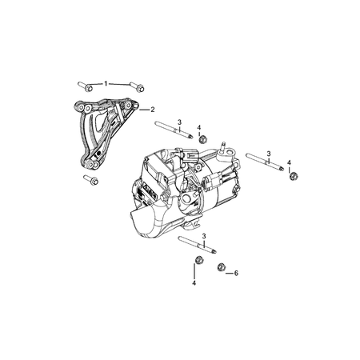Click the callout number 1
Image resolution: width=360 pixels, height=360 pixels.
click(x=106, y=83)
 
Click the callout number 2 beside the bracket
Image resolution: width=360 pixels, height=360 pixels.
click(x=152, y=109)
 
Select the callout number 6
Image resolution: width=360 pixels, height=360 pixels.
click(x=236, y=273)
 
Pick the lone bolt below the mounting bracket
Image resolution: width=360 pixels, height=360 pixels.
click(x=90, y=180)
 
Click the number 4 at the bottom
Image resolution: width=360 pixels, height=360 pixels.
click(x=194, y=283)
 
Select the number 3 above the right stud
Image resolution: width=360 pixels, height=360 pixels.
click(x=269, y=153)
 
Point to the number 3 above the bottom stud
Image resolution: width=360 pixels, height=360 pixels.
click(x=205, y=237)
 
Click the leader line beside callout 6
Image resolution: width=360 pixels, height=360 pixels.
click(x=230, y=273)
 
